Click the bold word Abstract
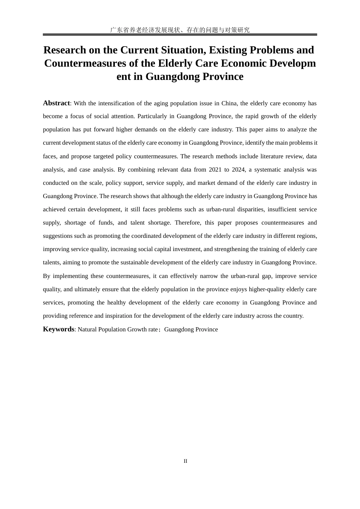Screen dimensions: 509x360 click(56, 103)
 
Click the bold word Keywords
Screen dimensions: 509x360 click(58, 329)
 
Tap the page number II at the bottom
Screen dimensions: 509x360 click(185, 461)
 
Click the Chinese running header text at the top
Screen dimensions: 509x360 click(180, 30)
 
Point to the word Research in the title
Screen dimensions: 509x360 click(65, 50)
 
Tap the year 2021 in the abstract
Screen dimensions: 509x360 click(215, 170)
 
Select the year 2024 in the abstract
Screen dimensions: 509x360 click(238, 170)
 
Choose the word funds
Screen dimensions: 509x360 click(106, 223)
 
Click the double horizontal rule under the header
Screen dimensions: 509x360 click(180, 34)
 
